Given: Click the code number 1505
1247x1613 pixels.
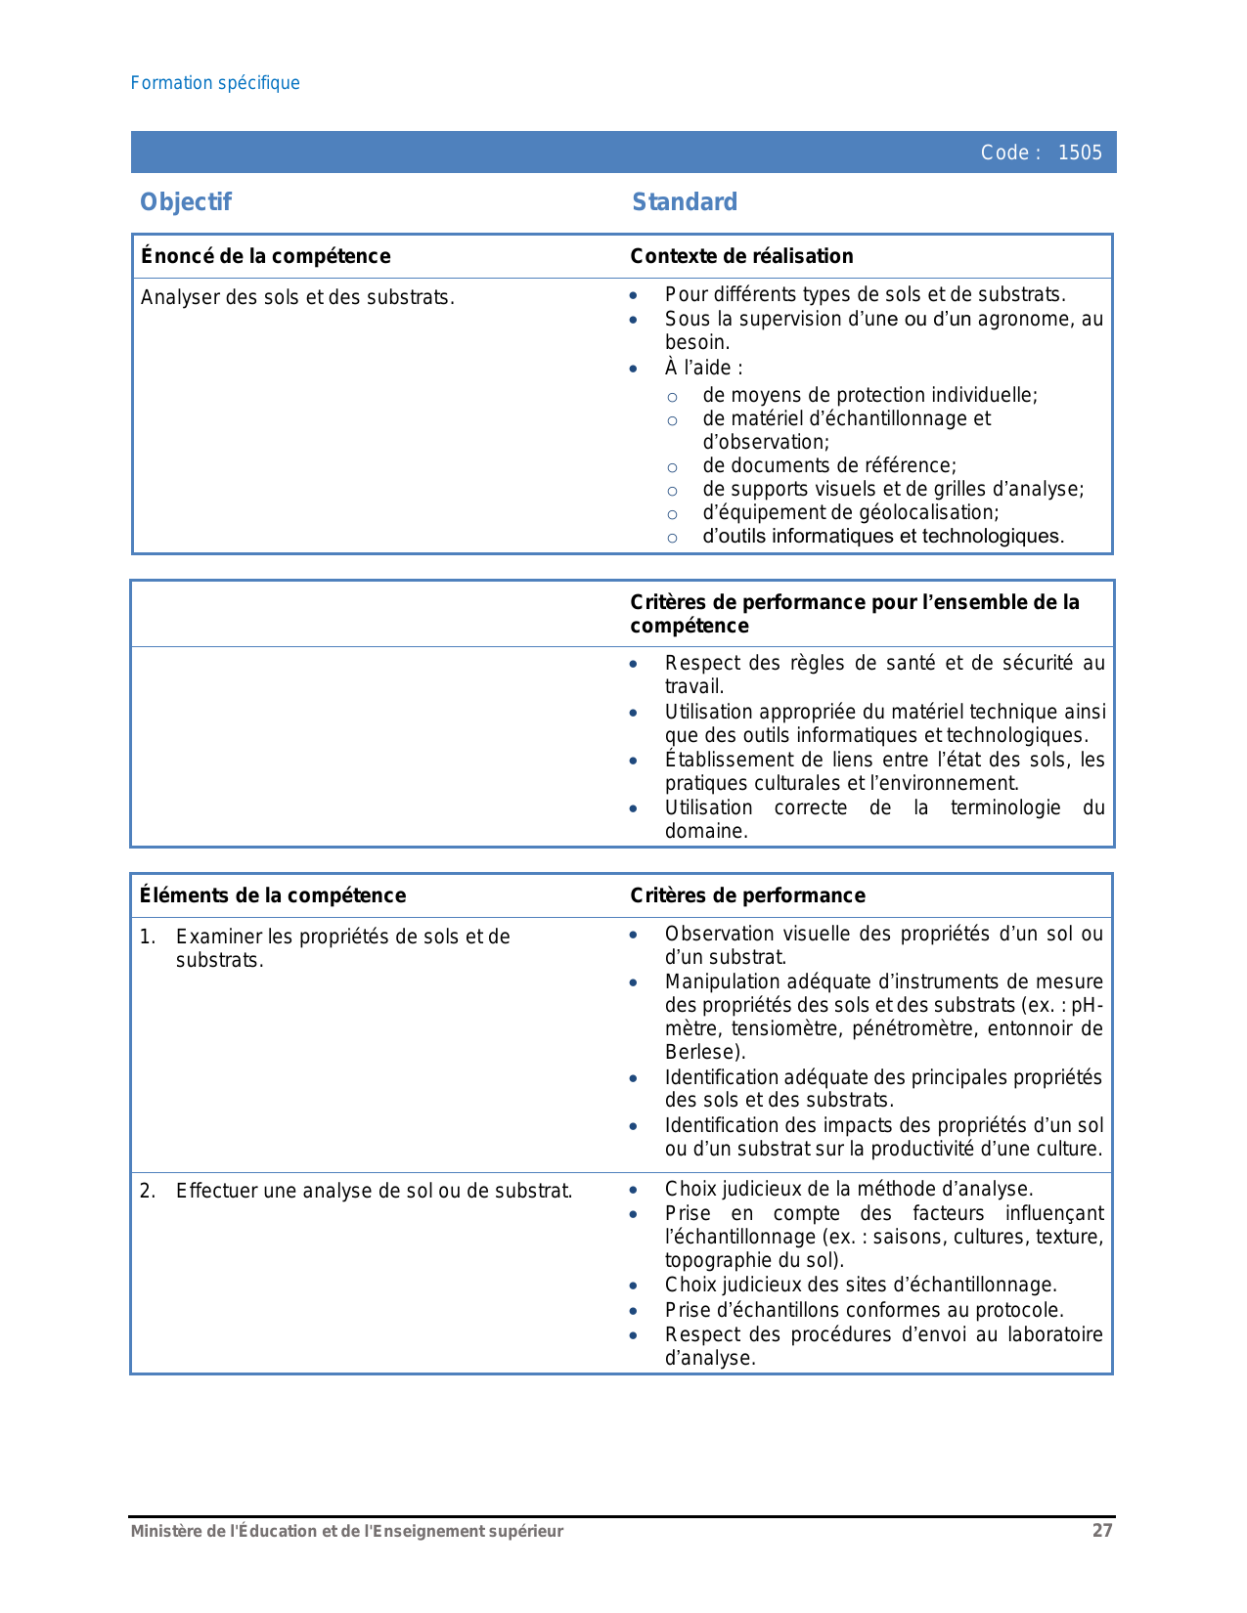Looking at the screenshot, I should [x=1080, y=153].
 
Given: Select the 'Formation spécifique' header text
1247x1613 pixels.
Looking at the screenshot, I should [x=215, y=83].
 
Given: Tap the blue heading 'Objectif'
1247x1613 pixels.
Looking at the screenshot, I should [x=186, y=202].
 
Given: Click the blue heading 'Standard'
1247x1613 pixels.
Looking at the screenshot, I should [x=685, y=202].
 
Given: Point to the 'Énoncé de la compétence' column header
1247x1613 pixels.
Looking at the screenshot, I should [x=266, y=256].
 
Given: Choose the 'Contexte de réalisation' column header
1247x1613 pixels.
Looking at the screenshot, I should [x=741, y=256].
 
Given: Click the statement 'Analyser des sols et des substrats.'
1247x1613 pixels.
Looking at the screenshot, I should [x=297, y=297].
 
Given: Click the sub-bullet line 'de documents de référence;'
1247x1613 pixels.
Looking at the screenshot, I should [x=829, y=465].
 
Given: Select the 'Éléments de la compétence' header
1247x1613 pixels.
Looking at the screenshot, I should [x=273, y=895].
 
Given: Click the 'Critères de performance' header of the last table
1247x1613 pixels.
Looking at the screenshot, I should [x=747, y=895].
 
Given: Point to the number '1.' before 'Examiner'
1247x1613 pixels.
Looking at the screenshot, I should [x=148, y=937].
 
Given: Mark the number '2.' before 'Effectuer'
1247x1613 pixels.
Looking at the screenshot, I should [x=148, y=1191].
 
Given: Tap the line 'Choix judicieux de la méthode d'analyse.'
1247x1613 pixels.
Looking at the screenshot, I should [x=849, y=1189].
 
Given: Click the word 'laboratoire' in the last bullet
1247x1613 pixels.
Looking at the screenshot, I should [x=1055, y=1334].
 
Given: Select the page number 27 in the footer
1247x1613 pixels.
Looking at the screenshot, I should [x=1102, y=1531].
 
